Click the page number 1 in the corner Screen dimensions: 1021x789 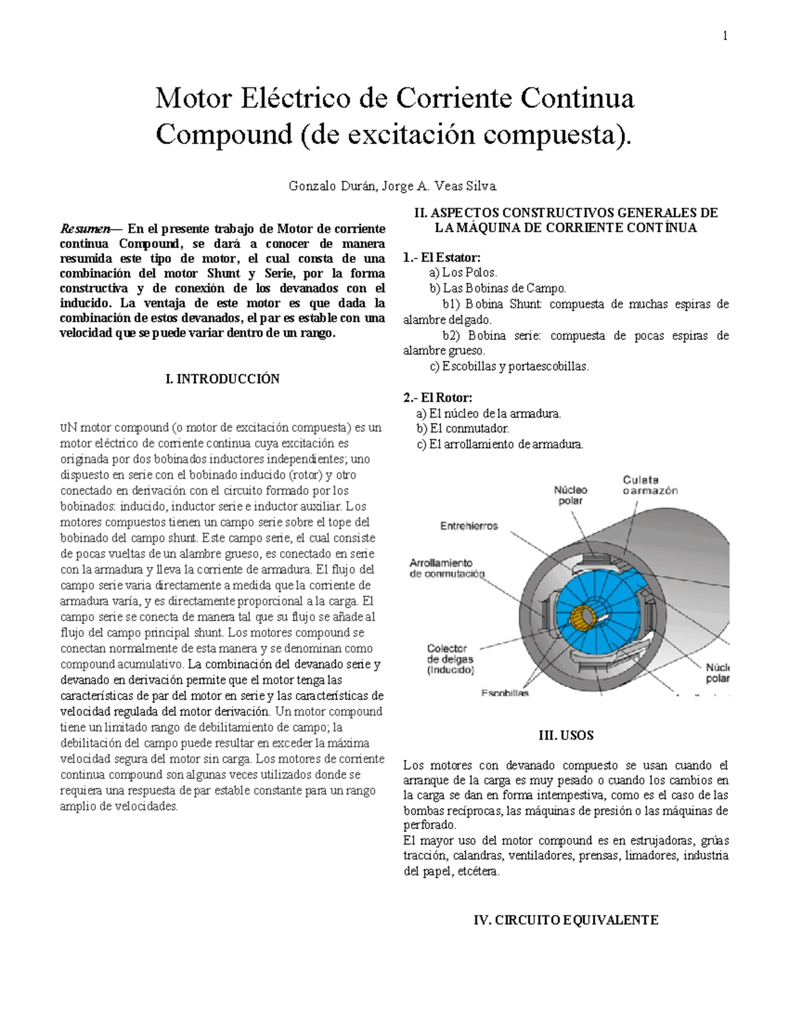[x=725, y=36]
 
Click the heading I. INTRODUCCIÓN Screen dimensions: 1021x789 [x=223, y=379]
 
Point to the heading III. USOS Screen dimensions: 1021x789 [x=565, y=735]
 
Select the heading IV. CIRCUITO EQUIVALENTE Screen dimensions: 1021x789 [x=565, y=920]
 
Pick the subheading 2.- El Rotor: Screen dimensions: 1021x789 [x=437, y=398]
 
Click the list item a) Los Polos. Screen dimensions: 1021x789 [x=463, y=273]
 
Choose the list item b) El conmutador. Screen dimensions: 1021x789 [x=463, y=429]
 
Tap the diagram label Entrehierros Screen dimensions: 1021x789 [x=469, y=526]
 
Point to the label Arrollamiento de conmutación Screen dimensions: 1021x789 [x=446, y=568]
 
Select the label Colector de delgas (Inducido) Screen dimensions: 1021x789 [x=450, y=659]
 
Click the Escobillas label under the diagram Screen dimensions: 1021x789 [x=505, y=693]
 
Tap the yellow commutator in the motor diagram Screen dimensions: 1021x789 [x=582, y=617]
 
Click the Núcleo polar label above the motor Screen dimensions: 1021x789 [x=570, y=495]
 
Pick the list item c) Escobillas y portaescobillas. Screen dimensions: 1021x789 [x=509, y=366]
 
